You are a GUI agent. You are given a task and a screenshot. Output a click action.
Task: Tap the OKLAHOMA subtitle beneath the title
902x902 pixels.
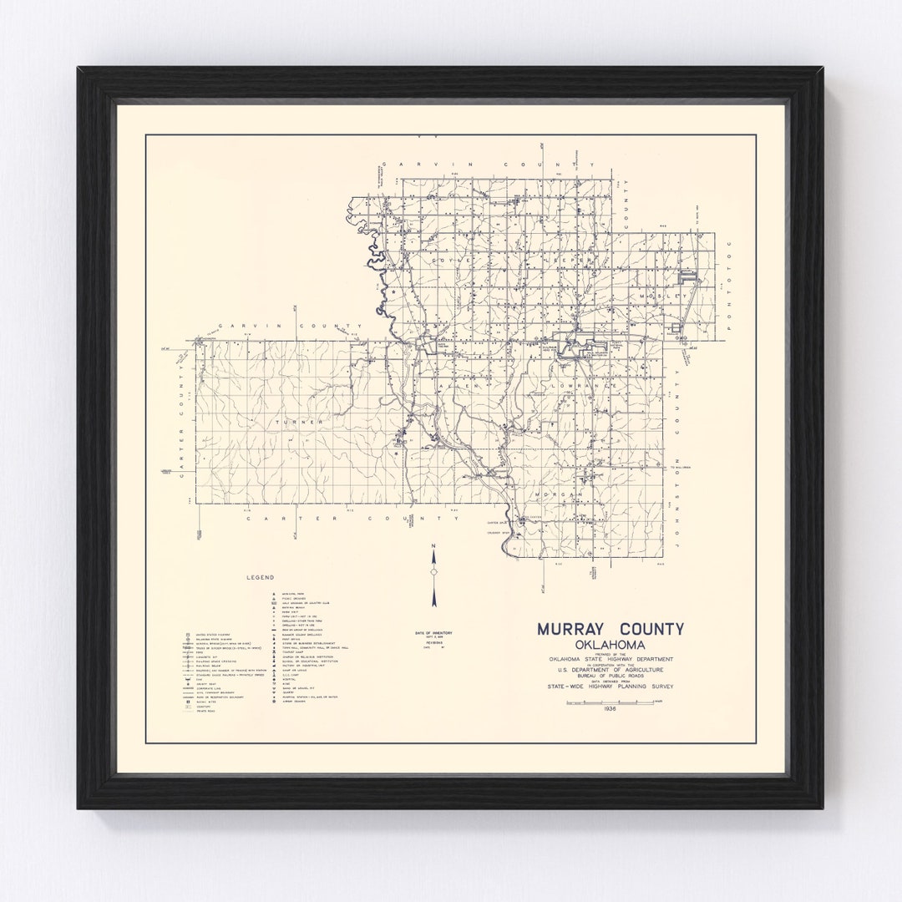610,645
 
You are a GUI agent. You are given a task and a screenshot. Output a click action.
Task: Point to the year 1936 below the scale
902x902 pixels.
610,709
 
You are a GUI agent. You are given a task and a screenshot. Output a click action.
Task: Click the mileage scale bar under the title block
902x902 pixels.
610,702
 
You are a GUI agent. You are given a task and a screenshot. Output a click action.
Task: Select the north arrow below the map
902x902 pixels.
433,575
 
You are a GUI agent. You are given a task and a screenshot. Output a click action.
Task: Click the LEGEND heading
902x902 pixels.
261,577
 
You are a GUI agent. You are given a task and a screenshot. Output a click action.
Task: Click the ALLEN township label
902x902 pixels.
469,387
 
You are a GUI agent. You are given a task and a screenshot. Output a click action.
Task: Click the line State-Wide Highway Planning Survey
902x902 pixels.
610,687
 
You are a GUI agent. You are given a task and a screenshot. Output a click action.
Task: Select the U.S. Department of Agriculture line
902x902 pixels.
610,670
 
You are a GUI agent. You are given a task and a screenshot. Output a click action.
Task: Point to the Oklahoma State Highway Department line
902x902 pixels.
610,658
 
